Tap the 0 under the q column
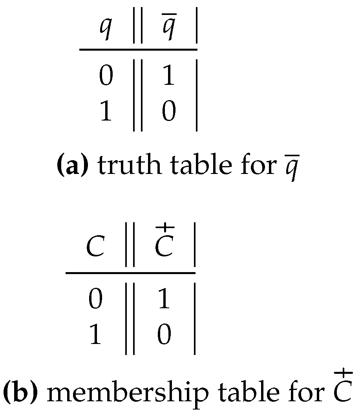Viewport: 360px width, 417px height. (x=105, y=77)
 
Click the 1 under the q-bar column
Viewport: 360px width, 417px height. (x=168, y=77)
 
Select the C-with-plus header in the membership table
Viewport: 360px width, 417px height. (x=164, y=245)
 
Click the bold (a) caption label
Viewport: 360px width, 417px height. (x=77, y=166)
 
